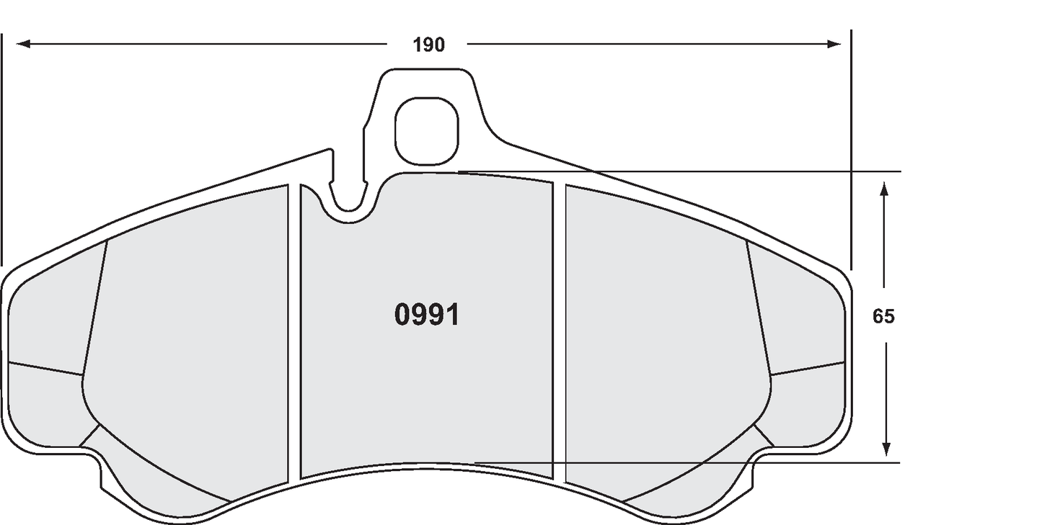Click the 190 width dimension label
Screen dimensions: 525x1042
(x=428, y=45)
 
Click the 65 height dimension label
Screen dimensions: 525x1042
(x=883, y=316)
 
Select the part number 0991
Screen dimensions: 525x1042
(x=427, y=315)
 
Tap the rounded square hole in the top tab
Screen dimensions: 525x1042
(x=427, y=130)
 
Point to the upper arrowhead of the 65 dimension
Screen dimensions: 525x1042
(x=884, y=189)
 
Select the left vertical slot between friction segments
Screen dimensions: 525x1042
(x=293, y=331)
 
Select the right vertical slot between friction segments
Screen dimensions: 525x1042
(x=559, y=331)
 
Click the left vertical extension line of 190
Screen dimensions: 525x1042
(x=1, y=144)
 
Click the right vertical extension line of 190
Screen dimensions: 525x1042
(x=851, y=144)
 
